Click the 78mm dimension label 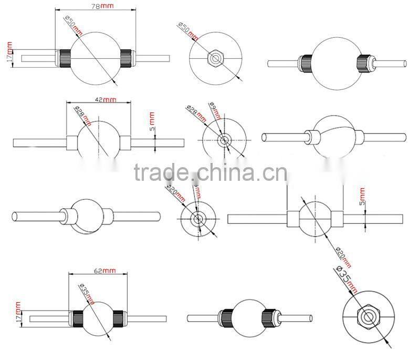point(102,6)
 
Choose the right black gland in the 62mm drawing point(117,318)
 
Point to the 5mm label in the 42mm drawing point(152,122)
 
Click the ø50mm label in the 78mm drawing point(74,26)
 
